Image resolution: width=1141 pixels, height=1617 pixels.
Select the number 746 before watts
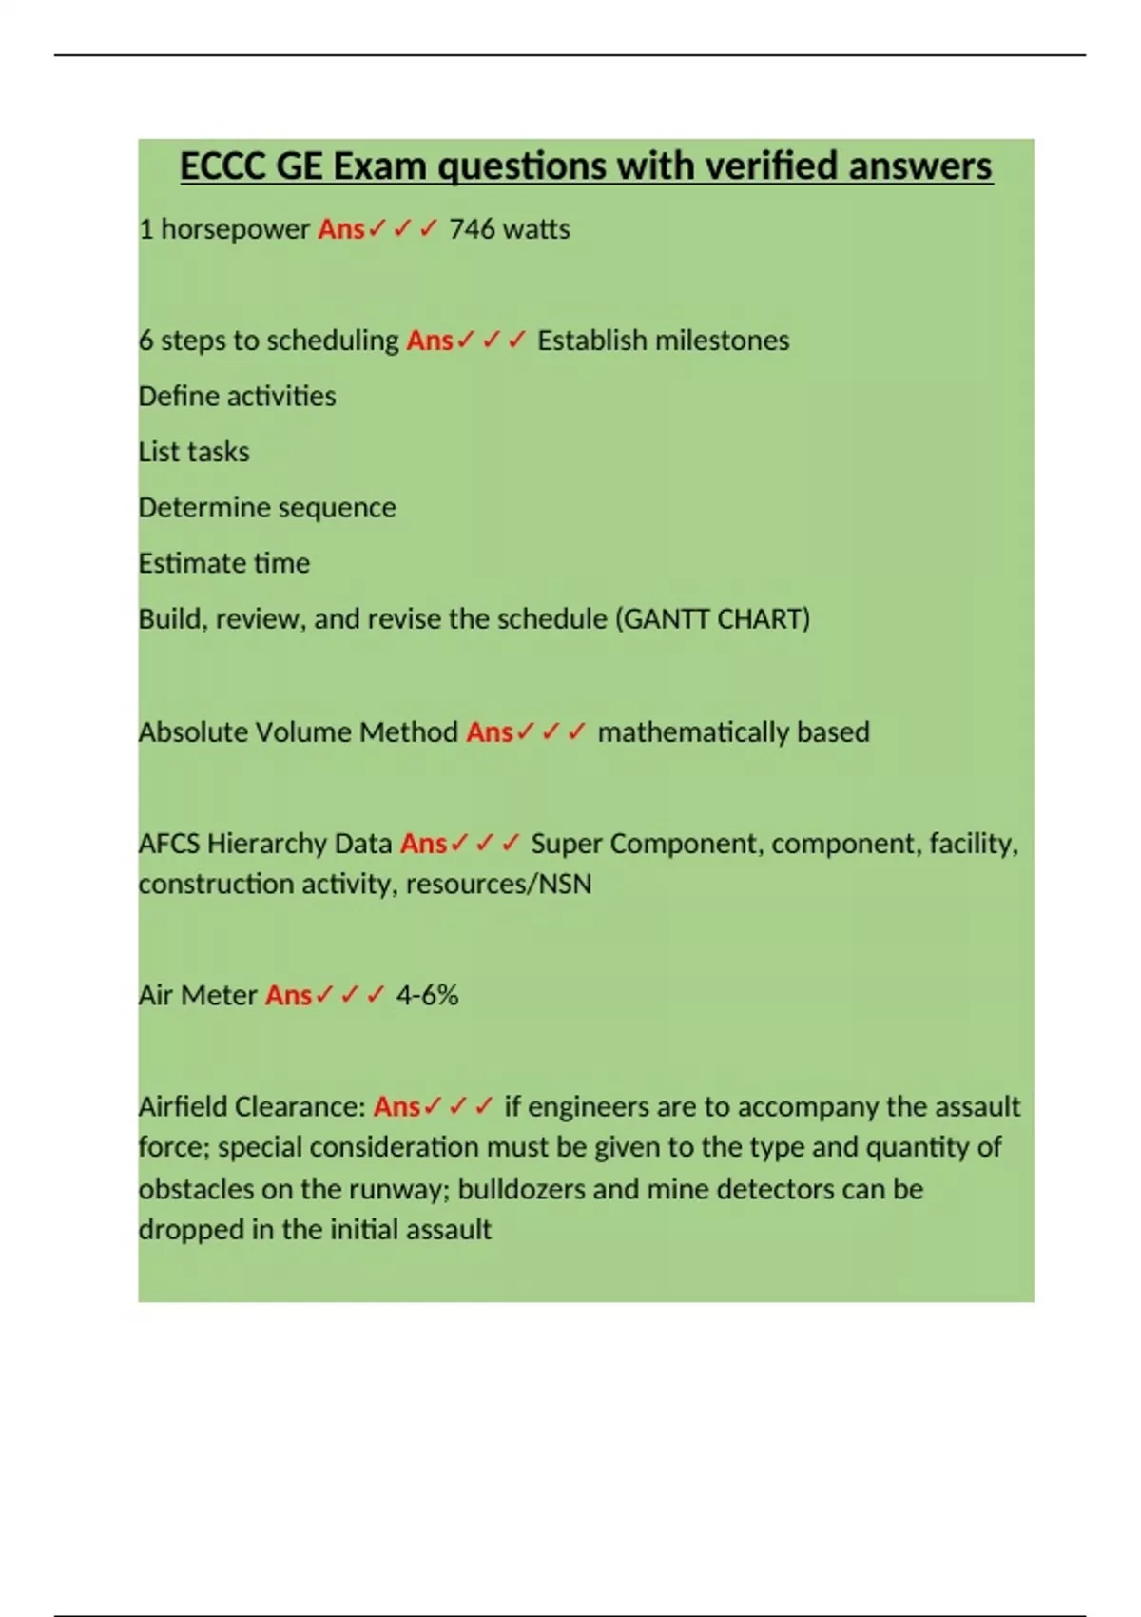click(x=472, y=229)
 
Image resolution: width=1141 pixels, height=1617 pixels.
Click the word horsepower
click(x=235, y=229)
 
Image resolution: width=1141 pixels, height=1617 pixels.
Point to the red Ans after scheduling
click(x=430, y=341)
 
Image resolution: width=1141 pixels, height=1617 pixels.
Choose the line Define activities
click(x=237, y=396)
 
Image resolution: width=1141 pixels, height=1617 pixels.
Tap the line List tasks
click(x=194, y=452)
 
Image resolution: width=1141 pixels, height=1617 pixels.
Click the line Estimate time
click(x=224, y=563)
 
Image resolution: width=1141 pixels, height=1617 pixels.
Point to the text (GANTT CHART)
click(x=713, y=619)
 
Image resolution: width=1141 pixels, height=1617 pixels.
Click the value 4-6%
click(x=427, y=996)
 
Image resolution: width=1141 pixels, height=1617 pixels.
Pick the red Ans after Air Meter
click(x=288, y=996)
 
